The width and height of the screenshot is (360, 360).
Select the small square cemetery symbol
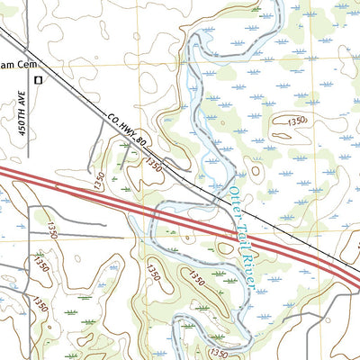tap(38, 81)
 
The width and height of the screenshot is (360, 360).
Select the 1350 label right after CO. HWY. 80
tap(154, 166)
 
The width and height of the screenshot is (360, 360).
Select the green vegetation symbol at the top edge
tap(256, 8)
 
